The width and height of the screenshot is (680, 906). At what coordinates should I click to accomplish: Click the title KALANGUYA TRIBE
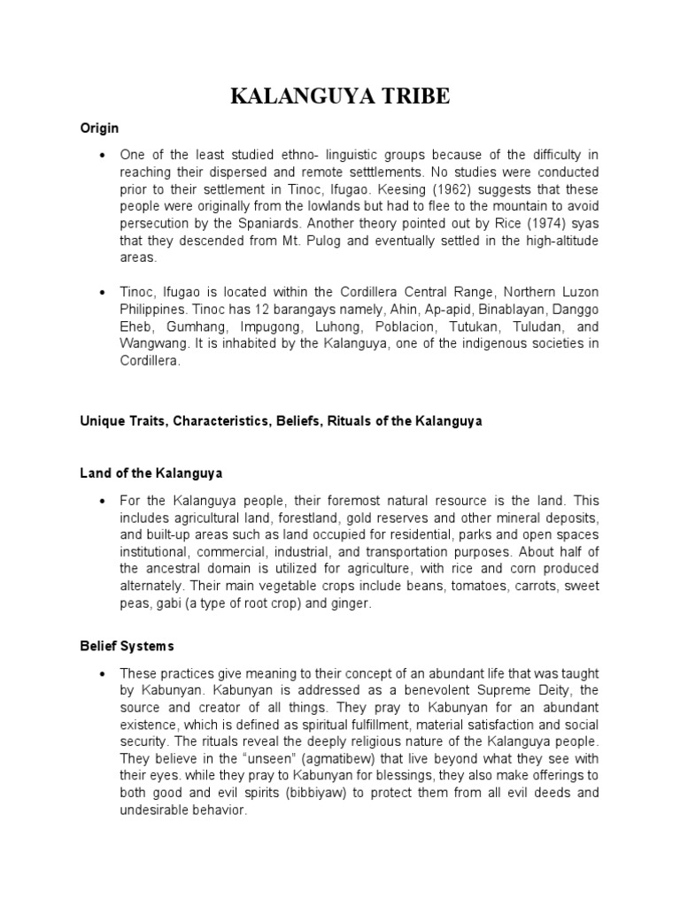click(340, 97)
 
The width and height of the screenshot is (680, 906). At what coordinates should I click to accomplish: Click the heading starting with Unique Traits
click(281, 421)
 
